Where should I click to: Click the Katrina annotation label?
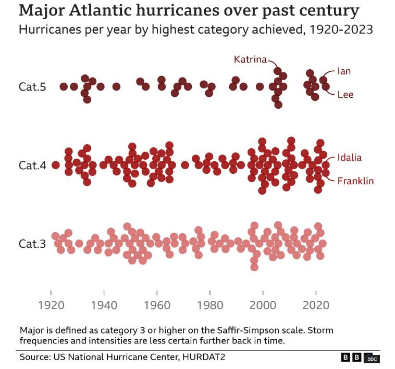(x=250, y=59)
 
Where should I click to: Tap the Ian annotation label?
(x=344, y=71)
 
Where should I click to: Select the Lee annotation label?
(x=345, y=94)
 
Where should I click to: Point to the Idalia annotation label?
(x=356, y=158)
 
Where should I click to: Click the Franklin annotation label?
(x=355, y=181)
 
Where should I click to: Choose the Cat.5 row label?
(x=32, y=87)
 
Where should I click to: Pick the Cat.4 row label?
(x=32, y=166)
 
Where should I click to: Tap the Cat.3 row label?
(x=32, y=244)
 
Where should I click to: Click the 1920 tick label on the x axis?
(x=51, y=304)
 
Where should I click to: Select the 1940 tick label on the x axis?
(x=104, y=304)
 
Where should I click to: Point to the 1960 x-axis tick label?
(x=157, y=304)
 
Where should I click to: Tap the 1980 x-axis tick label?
(x=210, y=304)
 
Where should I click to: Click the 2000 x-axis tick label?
(x=263, y=304)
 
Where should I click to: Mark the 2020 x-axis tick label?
(x=316, y=304)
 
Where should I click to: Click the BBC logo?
(x=360, y=358)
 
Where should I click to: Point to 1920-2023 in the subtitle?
(x=341, y=29)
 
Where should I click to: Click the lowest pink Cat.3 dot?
(x=254, y=267)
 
